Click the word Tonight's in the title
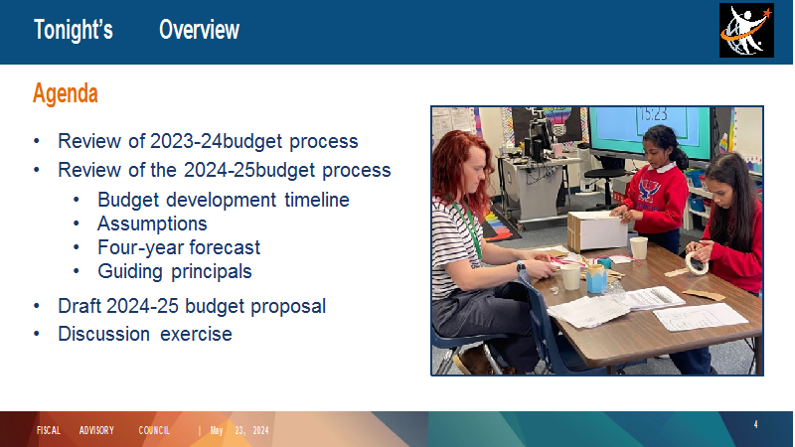pos(74,30)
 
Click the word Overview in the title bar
pos(200,30)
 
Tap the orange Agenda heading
pos(66,93)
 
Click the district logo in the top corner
pos(746,31)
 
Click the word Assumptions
pos(152,223)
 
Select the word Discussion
pos(104,334)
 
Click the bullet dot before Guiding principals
pos(77,271)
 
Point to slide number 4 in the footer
pos(755,425)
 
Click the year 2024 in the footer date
pos(260,431)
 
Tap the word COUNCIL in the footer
pos(154,431)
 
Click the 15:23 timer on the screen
pos(653,113)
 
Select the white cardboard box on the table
pos(597,231)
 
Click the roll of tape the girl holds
pos(697,263)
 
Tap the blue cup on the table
pos(596,279)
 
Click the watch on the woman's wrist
pos(521,266)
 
